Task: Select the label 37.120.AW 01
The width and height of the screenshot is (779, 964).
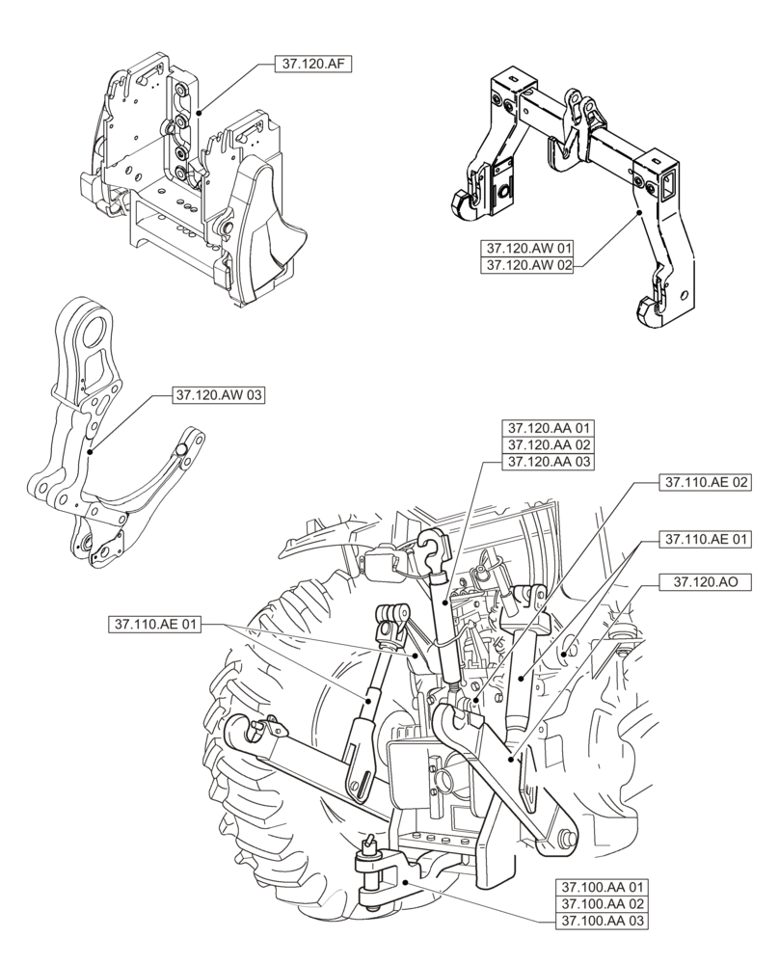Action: [x=525, y=248]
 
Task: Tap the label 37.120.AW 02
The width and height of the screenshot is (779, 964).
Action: [x=525, y=264]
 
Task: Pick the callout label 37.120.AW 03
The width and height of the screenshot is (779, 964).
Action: [x=219, y=395]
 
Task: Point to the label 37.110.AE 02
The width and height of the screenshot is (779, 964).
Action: [x=705, y=480]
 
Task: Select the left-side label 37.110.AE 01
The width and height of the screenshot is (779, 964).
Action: [x=154, y=626]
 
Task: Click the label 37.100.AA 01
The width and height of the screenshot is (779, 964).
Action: [x=600, y=886]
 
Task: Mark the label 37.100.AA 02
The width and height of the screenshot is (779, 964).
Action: [x=600, y=903]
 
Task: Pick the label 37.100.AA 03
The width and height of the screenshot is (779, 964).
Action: [x=600, y=921]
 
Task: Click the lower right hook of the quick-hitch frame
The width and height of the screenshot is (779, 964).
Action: [x=648, y=310]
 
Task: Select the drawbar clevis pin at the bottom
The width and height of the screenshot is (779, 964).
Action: [x=367, y=852]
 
